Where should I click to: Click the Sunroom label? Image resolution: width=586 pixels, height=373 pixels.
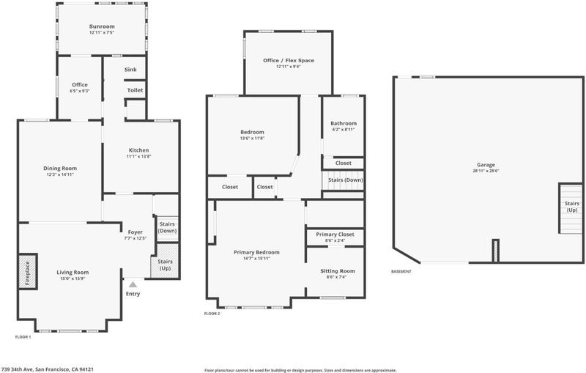pos(102,26)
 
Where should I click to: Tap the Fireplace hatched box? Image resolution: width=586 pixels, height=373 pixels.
pos(28,271)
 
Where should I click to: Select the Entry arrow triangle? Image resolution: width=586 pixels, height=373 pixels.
pos(133,284)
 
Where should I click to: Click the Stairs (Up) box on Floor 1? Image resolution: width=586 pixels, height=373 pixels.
pos(165,260)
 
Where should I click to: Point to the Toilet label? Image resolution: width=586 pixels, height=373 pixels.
pos(135,90)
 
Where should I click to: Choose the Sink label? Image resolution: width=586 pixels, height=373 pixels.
pos(130,70)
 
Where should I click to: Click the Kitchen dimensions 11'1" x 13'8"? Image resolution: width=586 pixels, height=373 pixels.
pos(138,157)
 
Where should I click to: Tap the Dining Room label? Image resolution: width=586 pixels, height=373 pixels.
pos(60,169)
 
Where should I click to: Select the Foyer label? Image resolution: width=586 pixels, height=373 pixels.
pos(136,232)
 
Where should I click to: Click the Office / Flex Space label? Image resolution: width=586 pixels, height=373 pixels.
pos(289,60)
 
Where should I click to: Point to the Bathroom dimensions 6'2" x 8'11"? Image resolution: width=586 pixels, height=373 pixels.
pos(344,130)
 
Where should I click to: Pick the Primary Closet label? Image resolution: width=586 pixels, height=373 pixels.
pos(335,234)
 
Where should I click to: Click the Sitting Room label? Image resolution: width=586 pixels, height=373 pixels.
pos(338,271)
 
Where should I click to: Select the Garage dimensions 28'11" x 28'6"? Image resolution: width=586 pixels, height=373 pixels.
pos(486,171)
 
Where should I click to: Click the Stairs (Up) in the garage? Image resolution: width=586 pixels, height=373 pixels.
pos(571,208)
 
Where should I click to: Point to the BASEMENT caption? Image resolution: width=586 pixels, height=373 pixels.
pos(401,271)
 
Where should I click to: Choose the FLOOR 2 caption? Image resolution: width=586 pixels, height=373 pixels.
pos(212,314)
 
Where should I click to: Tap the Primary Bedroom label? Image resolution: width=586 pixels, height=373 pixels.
pos(256,252)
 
